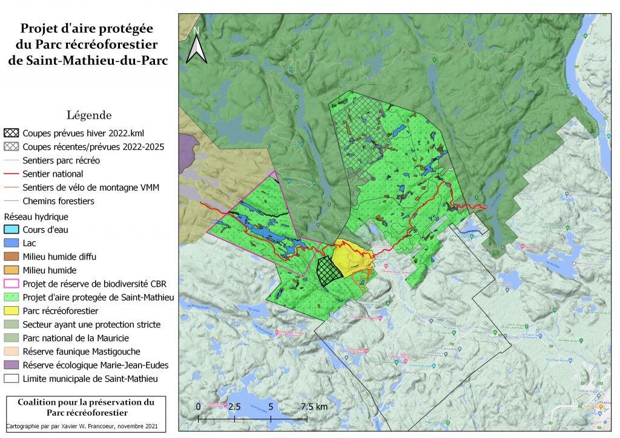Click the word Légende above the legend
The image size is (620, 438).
89,115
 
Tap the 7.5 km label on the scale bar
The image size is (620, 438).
314,407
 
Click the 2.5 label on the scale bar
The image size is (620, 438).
234,407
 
